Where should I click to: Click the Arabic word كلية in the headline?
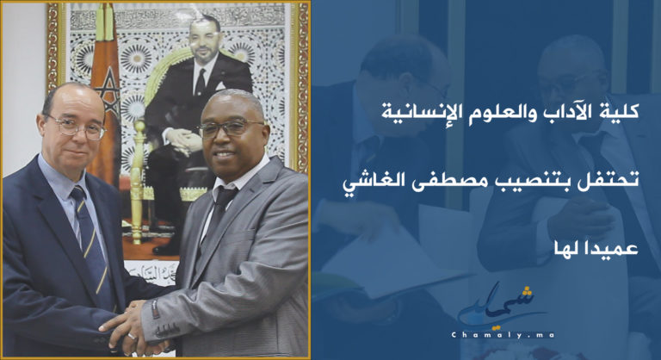(x=622, y=113)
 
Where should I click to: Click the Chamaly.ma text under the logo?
(x=502, y=335)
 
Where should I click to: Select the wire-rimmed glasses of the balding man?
(x=76, y=127)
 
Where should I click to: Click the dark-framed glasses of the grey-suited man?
(x=231, y=127)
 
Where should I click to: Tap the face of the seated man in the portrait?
(x=205, y=41)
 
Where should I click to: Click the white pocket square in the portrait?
(x=221, y=86)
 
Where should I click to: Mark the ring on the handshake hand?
(x=132, y=337)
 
